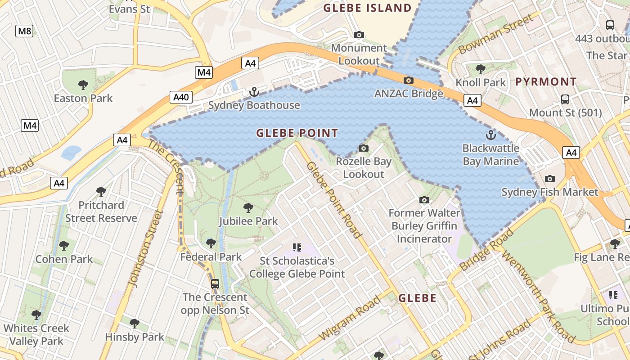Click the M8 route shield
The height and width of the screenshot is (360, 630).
[x=25, y=31]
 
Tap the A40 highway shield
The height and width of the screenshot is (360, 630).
[x=182, y=97]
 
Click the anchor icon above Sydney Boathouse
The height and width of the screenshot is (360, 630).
[x=254, y=92]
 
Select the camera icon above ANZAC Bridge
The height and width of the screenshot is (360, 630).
[x=409, y=81]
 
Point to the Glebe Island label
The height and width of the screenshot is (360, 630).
[x=367, y=8]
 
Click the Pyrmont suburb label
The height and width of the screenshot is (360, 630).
[x=545, y=82]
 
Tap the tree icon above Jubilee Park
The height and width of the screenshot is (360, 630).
[x=248, y=207]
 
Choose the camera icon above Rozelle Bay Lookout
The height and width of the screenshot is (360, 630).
[x=364, y=148]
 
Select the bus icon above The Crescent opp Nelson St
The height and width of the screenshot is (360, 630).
[x=215, y=283]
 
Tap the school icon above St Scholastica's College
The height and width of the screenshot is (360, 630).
[x=297, y=247]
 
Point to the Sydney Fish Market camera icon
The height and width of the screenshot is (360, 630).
[x=549, y=179]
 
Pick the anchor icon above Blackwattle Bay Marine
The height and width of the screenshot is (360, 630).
[x=490, y=135]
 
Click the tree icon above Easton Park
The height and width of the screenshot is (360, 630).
[x=83, y=85]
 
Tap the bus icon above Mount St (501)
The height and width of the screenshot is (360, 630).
[x=565, y=99]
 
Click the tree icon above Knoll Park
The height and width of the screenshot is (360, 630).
[x=481, y=69]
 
